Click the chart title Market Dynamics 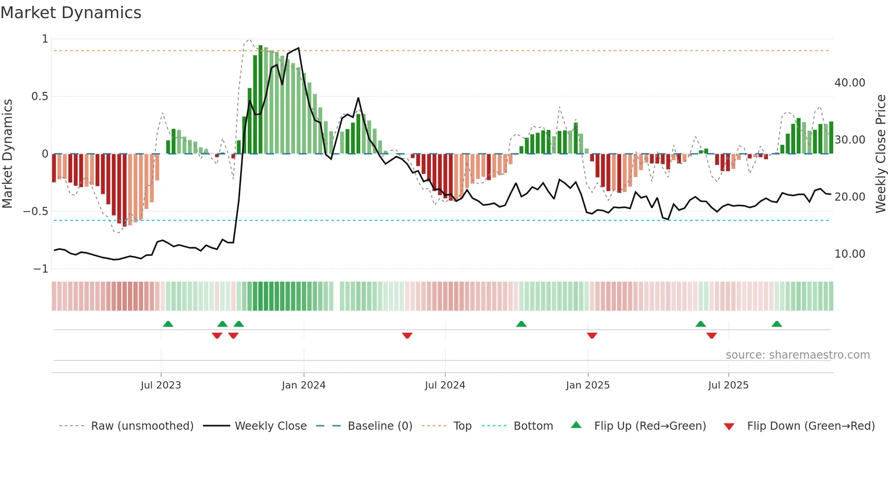(71, 13)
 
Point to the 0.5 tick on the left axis (39, 96)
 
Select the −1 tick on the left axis (40, 269)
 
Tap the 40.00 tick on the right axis (849, 83)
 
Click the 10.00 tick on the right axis (849, 254)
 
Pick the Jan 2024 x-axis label (304, 385)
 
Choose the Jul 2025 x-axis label (728, 385)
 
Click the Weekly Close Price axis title (880, 154)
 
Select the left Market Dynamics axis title (7, 154)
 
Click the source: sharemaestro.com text (797, 355)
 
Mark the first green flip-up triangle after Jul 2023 (168, 324)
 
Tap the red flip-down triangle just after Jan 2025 (592, 336)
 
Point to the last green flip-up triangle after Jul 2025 (777, 324)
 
